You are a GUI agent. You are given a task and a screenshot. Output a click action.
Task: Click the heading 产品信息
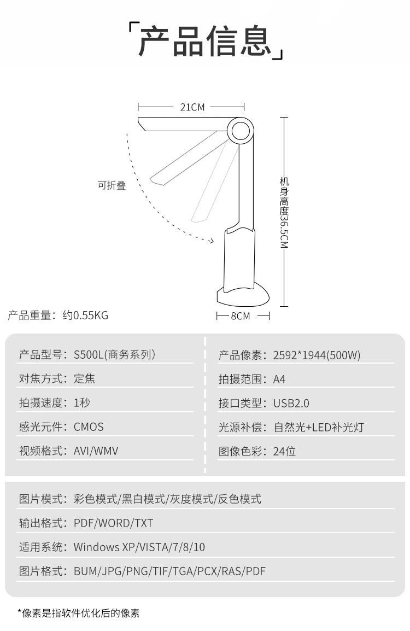(205, 41)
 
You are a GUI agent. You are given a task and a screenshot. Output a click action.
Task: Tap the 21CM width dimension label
(192, 107)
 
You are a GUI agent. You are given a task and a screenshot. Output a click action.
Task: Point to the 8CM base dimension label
(240, 316)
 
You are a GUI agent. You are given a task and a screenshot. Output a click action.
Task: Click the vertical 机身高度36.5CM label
(284, 213)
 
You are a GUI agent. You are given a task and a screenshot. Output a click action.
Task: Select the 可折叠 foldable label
(112, 185)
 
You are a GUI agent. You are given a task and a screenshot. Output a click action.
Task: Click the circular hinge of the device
(240, 130)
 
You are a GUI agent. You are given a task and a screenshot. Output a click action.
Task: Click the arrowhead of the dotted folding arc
(210, 241)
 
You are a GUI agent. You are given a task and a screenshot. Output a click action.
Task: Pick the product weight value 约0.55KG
(85, 315)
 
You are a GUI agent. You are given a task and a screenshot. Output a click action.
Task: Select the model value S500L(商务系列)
(114, 354)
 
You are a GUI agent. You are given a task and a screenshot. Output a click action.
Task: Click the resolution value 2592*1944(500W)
(317, 355)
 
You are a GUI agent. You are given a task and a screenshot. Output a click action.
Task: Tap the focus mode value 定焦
(85, 379)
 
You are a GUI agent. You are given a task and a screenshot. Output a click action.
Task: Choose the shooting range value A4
(279, 379)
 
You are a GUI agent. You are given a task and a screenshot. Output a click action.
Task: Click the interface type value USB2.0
(291, 403)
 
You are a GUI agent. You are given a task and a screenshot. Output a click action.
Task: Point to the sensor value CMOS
(89, 427)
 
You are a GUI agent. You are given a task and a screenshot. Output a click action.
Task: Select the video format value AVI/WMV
(96, 451)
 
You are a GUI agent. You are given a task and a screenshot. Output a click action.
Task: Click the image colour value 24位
(284, 452)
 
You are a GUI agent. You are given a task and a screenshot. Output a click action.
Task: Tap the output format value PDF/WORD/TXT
(114, 523)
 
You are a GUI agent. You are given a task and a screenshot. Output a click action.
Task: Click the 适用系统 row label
(40, 547)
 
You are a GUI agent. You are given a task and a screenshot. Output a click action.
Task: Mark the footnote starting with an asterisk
(79, 614)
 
